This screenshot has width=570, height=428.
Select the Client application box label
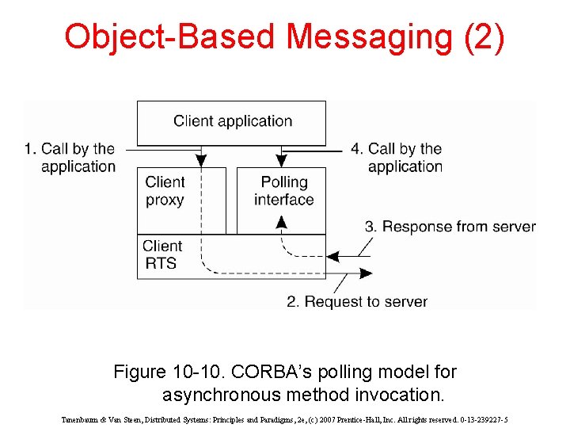pyautogui.click(x=233, y=121)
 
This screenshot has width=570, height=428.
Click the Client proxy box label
pyautogui.click(x=165, y=191)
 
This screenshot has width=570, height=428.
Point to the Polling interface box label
pyautogui.click(x=283, y=191)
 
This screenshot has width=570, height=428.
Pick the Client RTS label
pyautogui.click(x=162, y=254)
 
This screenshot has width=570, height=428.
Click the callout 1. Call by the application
pyautogui.click(x=70, y=157)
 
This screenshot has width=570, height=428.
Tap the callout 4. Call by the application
pyautogui.click(x=405, y=157)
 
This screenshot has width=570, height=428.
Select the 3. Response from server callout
pyautogui.click(x=450, y=227)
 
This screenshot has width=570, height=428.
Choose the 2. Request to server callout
pyautogui.click(x=356, y=302)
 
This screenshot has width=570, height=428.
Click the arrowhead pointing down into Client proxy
pyautogui.click(x=201, y=160)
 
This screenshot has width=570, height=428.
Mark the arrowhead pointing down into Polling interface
pyautogui.click(x=280, y=160)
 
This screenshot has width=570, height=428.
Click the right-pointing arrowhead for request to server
pyautogui.click(x=366, y=273)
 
